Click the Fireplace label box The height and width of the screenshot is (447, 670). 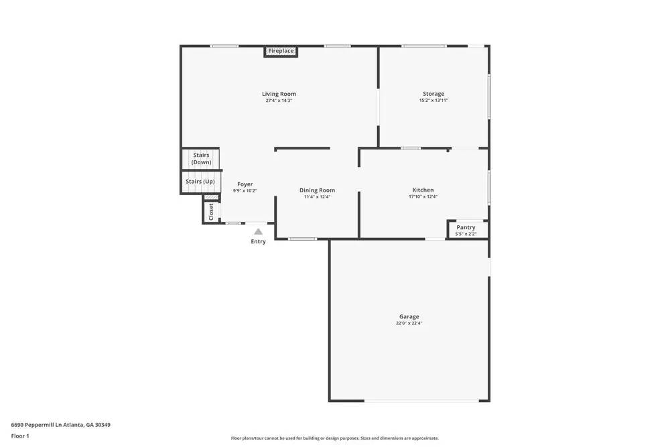click(x=281, y=51)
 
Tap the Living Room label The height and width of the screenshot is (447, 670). click(x=279, y=94)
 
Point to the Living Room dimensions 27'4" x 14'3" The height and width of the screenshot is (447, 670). click(x=279, y=101)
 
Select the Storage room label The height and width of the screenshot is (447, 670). click(x=433, y=94)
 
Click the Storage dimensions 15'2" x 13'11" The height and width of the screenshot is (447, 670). click(x=433, y=101)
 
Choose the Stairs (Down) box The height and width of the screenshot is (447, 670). click(x=201, y=159)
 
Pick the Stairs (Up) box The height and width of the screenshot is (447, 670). click(x=200, y=182)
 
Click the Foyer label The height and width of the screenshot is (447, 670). click(x=245, y=184)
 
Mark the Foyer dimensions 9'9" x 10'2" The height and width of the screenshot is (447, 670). click(x=245, y=191)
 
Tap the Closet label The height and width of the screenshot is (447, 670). click(x=211, y=212)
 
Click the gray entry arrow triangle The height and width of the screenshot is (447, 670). click(x=258, y=231)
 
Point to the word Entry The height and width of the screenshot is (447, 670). click(x=258, y=242)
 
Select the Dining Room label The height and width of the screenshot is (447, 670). click(x=317, y=190)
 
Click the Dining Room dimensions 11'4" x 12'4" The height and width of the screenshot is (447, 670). click(x=317, y=197)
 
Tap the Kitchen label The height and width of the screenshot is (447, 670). click(x=423, y=190)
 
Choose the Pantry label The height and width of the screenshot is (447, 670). click(x=466, y=227)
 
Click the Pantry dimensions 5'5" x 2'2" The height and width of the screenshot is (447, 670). click(x=466, y=234)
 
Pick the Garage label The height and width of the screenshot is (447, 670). click(x=409, y=316)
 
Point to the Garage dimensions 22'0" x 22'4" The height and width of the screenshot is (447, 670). click(x=409, y=323)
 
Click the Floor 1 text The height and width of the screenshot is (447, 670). click(x=20, y=436)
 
